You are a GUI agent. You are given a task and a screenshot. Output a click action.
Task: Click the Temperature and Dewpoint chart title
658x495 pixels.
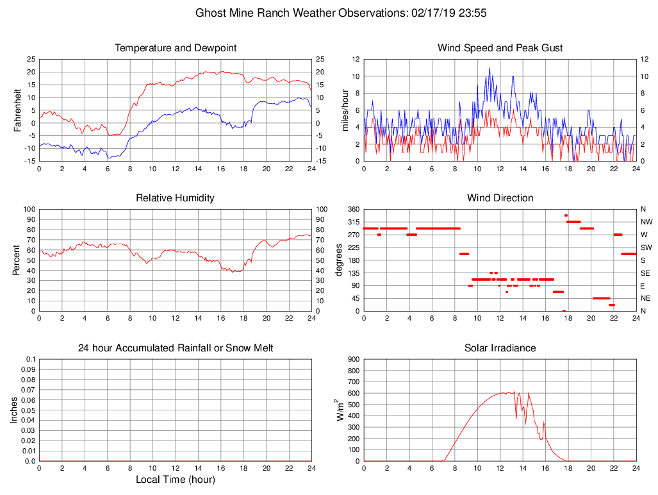coord(175,48)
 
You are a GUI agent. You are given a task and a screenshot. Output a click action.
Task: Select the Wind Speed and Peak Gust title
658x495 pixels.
coord(500,48)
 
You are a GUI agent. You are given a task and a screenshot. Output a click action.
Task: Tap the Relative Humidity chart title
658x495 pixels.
coord(175,198)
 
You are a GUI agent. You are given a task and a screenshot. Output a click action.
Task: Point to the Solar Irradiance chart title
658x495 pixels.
coord(500,348)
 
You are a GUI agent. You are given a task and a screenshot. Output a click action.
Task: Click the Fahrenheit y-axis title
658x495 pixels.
coord(17,110)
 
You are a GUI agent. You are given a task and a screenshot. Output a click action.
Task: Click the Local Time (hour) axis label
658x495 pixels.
coord(175,480)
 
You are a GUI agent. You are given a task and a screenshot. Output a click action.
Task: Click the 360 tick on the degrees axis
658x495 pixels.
coord(352,210)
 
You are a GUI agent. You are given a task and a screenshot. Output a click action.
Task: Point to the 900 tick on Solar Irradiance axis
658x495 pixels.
coord(352,360)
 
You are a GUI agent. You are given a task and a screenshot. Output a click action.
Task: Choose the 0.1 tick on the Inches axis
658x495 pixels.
coord(29,360)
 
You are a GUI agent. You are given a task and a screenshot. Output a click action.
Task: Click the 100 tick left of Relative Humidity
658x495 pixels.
coord(28,210)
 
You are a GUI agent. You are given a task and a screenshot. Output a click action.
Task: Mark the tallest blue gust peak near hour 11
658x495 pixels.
coord(489,68)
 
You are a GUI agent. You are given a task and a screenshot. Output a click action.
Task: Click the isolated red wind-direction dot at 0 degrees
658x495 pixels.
coord(564,311)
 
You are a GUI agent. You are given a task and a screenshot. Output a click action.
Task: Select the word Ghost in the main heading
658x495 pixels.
coord(210,13)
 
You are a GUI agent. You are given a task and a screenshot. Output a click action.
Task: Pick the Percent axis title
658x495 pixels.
coord(17,260)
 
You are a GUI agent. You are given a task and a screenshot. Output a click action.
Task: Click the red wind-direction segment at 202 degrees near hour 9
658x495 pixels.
coord(464,254)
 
